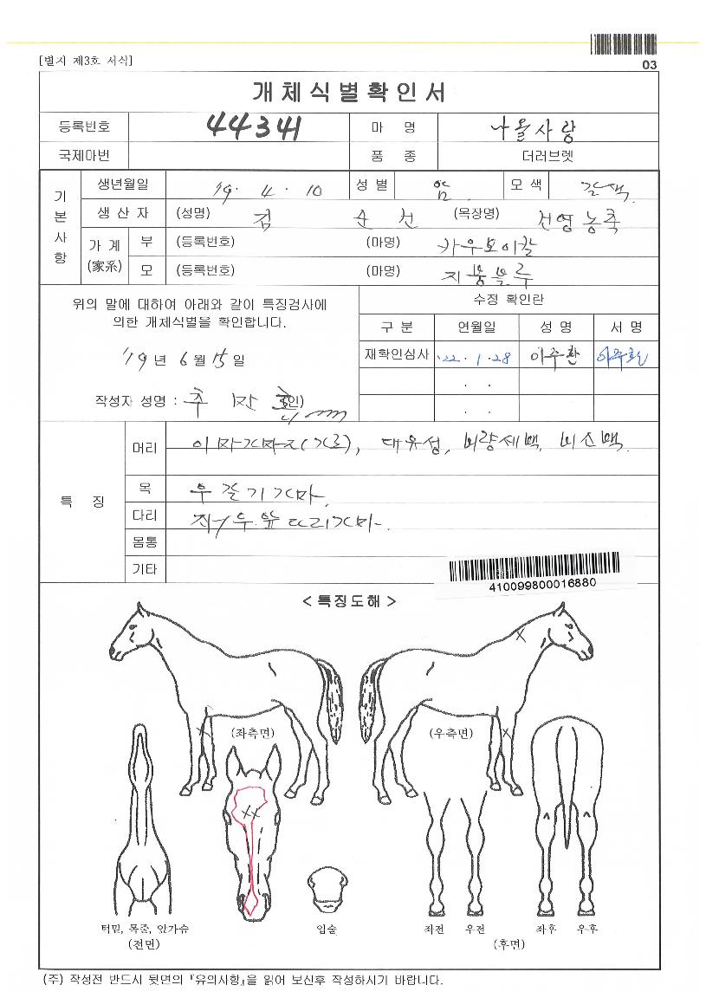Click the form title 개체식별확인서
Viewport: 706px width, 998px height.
348,91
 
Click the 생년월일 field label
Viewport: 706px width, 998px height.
116,185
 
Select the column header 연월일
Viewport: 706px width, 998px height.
477,327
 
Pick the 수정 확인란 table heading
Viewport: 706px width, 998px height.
508,300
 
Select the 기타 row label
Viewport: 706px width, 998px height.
144,569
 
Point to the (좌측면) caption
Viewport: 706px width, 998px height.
252,732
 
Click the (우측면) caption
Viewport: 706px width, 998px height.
450,732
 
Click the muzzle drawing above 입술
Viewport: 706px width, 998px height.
327,888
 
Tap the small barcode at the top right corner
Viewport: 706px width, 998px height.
623,44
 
